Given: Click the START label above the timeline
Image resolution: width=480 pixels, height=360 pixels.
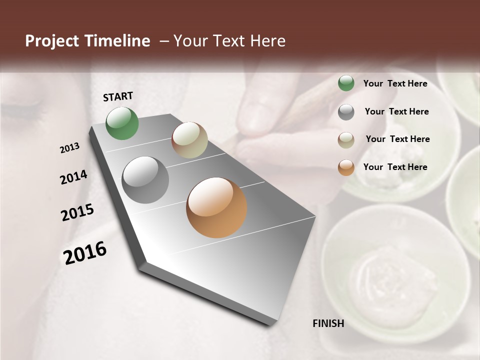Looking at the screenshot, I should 118,96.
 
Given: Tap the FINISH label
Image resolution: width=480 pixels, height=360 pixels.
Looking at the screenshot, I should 328,323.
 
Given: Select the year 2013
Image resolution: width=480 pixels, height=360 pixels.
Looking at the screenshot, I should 69,148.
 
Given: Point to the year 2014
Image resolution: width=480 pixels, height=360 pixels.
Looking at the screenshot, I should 73,177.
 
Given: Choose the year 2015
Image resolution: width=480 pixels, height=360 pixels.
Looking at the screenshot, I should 77,212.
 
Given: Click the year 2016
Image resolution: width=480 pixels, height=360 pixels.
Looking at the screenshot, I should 85,252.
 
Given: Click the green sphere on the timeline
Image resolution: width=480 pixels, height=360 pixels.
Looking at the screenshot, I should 122,123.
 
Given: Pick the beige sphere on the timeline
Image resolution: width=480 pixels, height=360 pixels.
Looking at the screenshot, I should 189,140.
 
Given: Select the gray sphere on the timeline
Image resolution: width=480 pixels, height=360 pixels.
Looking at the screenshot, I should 145,180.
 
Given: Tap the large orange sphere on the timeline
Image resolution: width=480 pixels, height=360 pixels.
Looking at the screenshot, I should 216,207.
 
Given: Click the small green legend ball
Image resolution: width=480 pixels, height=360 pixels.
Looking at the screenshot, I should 346,83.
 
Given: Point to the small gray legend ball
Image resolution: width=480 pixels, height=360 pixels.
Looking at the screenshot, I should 346,112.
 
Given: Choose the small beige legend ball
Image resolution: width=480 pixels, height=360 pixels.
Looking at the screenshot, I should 346,140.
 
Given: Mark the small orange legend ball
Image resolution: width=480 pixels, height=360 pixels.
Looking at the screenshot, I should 346,167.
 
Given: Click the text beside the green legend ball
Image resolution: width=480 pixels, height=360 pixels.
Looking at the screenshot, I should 395,83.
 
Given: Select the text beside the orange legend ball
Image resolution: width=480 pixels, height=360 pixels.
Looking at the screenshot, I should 395,167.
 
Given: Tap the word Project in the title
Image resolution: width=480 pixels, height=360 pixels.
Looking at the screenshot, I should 52,41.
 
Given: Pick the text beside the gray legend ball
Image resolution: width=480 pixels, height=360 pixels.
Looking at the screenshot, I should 396,111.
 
